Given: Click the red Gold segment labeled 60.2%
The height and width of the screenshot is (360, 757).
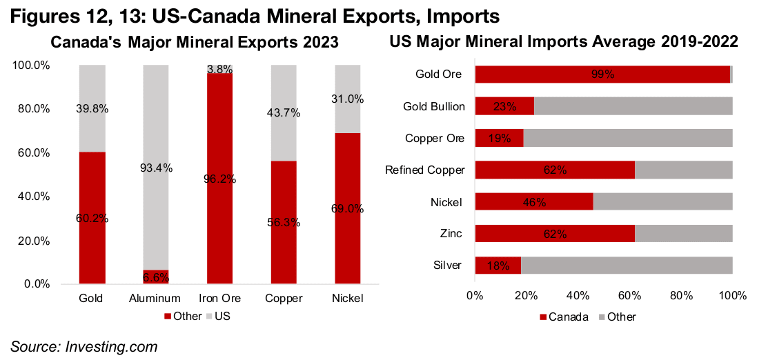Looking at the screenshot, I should point(92,217).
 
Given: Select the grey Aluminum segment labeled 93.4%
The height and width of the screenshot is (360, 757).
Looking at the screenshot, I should point(156,168).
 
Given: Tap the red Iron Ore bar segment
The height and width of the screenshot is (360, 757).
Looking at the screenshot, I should point(219,178).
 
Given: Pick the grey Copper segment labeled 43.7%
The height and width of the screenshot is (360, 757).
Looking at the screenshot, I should point(283,113).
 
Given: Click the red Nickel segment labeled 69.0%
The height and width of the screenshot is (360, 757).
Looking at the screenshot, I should point(346,208).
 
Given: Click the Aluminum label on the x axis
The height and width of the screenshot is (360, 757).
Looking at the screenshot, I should point(156,299).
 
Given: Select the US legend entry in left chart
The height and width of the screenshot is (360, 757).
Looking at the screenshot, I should point(220,316).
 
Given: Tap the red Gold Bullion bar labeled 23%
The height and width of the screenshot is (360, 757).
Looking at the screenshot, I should point(504,106).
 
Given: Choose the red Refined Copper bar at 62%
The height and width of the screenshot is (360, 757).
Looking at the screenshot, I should point(555,170).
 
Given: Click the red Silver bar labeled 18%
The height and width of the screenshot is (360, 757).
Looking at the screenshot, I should point(498,266).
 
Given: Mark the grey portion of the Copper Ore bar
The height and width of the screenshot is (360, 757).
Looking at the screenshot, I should point(627,138).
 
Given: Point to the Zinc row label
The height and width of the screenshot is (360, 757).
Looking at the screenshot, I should point(451,234).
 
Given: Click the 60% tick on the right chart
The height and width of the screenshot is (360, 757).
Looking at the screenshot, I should point(629,296).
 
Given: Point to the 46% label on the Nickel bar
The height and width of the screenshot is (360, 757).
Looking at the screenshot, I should point(534,202).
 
